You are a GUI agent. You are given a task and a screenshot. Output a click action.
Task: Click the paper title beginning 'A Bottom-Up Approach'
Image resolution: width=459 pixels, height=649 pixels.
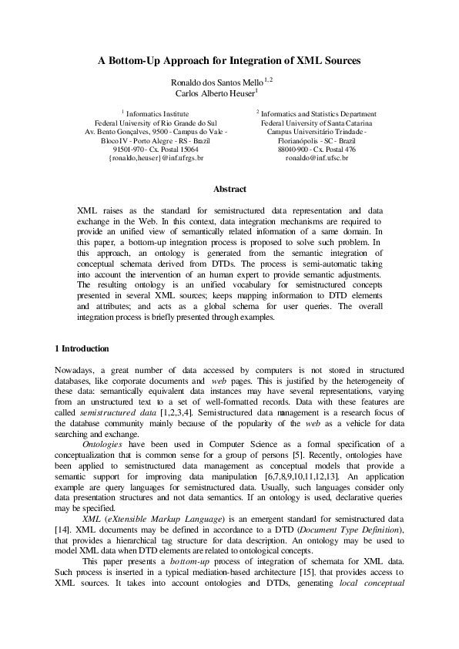click(229, 59)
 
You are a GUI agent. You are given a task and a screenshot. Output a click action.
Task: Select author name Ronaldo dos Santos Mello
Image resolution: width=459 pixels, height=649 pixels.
click(222, 82)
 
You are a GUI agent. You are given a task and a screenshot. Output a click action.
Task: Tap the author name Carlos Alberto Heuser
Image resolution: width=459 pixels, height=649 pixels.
click(222, 94)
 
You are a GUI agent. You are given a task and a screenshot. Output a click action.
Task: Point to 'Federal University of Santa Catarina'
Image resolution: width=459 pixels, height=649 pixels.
click(317, 123)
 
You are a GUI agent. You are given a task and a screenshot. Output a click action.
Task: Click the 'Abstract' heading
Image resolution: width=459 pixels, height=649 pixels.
click(229, 189)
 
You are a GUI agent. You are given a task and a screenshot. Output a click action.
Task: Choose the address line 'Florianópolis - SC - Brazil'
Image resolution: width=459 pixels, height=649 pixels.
click(317, 140)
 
